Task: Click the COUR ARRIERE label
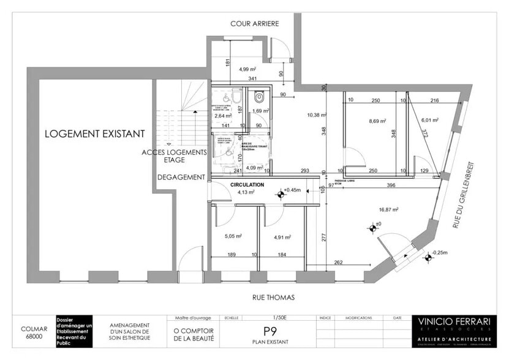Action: tap(255, 24)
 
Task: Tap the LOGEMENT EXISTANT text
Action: tap(94, 133)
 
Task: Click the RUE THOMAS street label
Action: tap(274, 298)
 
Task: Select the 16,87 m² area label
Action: tap(388, 210)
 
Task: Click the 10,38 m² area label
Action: tap(316, 114)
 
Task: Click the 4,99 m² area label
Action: tap(247, 70)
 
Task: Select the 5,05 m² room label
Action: tap(233, 236)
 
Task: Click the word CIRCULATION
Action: tap(247, 184)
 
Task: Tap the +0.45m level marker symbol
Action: tap(281, 194)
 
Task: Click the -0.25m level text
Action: tap(439, 252)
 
